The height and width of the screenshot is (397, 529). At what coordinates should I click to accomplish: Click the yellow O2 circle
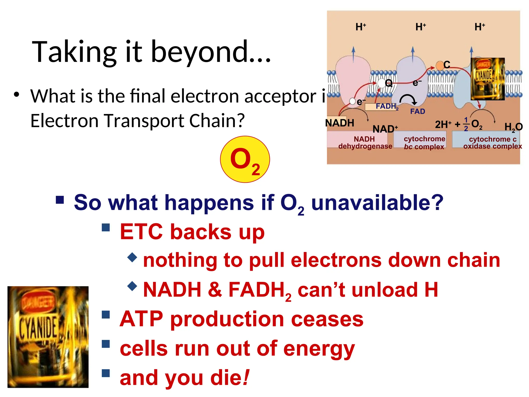point(245,159)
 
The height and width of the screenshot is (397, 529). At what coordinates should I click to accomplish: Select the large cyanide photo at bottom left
point(48,337)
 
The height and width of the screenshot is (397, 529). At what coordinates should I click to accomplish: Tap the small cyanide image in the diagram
point(487,79)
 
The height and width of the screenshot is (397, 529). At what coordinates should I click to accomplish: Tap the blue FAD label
point(417,111)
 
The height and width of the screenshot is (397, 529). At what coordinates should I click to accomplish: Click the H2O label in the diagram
point(513,127)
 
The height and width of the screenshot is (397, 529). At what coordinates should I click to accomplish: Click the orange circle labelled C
point(440,65)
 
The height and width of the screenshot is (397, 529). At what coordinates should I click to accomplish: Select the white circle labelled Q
point(382,83)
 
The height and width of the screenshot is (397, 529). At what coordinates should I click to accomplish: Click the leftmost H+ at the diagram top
point(361,27)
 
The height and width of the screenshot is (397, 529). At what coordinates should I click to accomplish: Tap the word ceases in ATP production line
point(327,319)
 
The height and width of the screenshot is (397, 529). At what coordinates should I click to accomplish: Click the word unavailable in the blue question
point(377,203)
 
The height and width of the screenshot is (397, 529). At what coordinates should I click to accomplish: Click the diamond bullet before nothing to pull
point(132,257)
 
